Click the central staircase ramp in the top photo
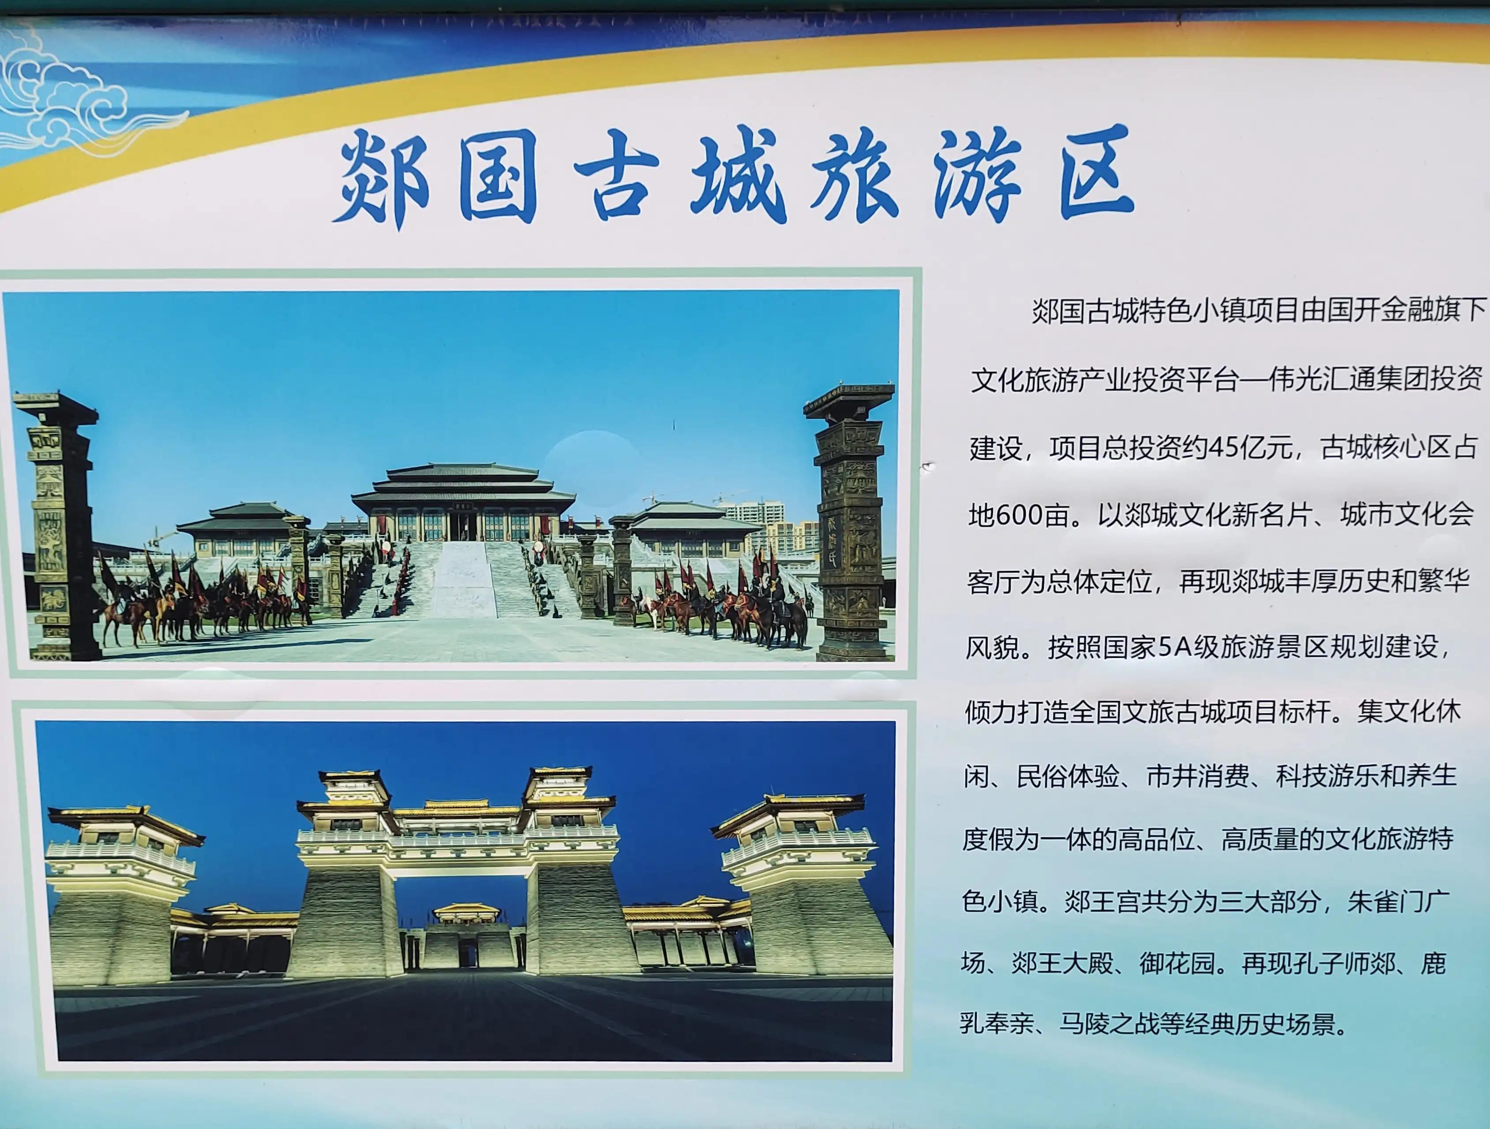click(463, 580)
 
